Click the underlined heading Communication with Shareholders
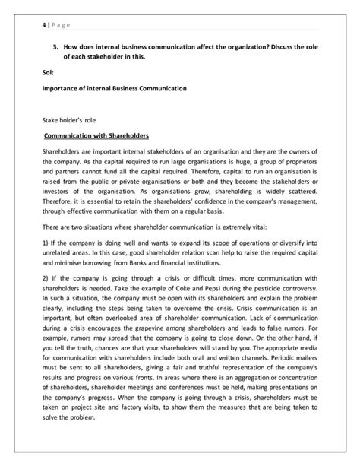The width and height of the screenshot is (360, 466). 87,137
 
